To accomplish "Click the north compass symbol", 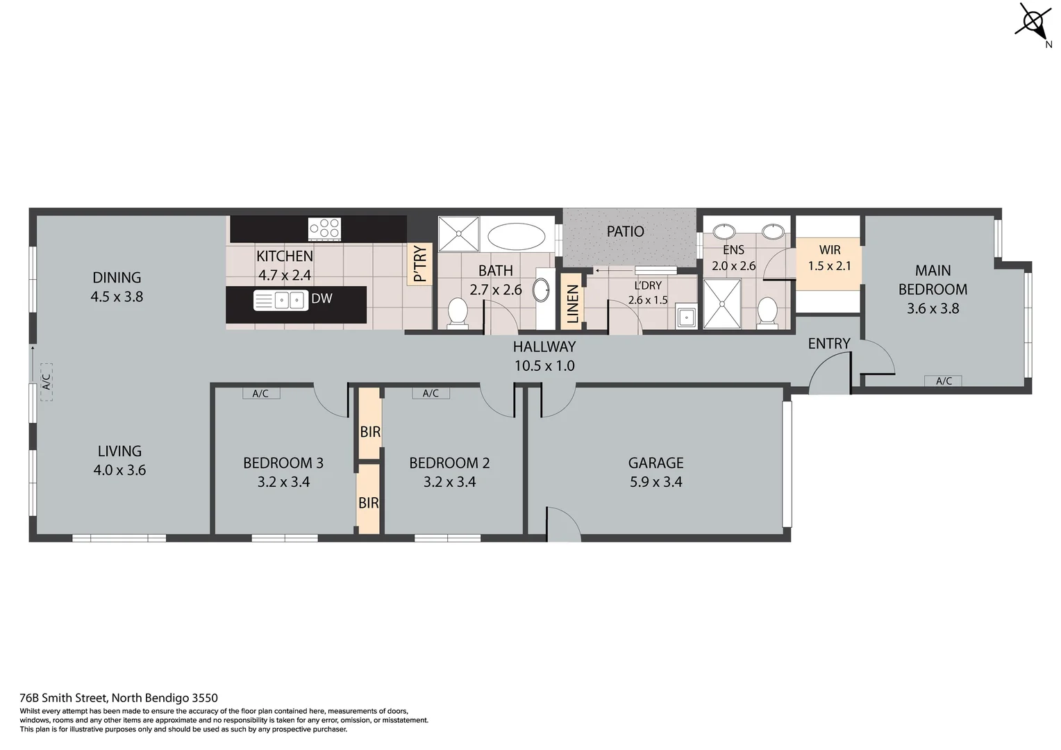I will pyautogui.click(x=1033, y=23).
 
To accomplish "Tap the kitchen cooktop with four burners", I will pyautogui.click(x=324, y=228).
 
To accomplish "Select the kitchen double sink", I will pyautogui.click(x=281, y=301).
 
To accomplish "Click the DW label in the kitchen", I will pyautogui.click(x=321, y=299).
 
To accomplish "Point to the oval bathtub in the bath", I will pyautogui.click(x=516, y=236).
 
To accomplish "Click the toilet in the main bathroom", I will pyautogui.click(x=458, y=312).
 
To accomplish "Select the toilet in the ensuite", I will pyautogui.click(x=767, y=311).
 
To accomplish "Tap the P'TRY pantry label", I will pyautogui.click(x=420, y=264).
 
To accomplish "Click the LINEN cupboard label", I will pyautogui.click(x=572, y=303).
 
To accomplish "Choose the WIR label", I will pyautogui.click(x=830, y=250).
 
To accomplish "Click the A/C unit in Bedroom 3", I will pyautogui.click(x=260, y=394).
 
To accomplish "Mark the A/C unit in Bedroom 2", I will pyautogui.click(x=431, y=394).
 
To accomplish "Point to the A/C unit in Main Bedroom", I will pyautogui.click(x=943, y=381).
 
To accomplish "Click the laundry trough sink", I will pyautogui.click(x=686, y=317).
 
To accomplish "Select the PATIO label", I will pyautogui.click(x=625, y=231).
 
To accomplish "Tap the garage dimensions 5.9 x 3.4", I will pyautogui.click(x=655, y=482).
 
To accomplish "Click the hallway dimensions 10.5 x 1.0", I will pyautogui.click(x=544, y=366).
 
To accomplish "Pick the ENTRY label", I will pyautogui.click(x=828, y=344).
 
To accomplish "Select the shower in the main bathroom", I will pyautogui.click(x=458, y=234).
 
